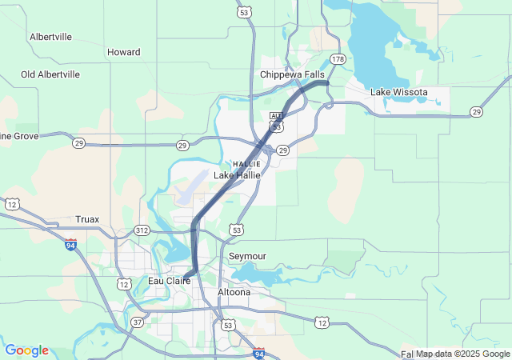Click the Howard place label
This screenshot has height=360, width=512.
123,52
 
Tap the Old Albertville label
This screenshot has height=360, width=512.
50,74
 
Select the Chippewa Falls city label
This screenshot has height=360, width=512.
292,74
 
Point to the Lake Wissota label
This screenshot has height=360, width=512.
398,92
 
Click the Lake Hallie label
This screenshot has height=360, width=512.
237,175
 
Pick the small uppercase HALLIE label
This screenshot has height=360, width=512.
247,163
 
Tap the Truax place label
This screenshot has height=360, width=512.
87,218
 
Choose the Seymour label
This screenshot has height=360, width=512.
247,256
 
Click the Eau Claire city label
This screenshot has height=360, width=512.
169,281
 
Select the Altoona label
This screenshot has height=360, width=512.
234,292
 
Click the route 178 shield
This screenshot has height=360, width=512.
338,59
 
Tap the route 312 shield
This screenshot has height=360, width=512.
142,230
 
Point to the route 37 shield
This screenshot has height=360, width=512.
138,322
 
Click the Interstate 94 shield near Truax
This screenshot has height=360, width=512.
72,244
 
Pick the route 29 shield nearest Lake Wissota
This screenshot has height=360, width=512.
477,111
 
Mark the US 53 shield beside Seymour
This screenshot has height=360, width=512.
237,230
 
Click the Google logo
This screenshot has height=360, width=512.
26,350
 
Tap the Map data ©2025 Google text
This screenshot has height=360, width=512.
462,354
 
